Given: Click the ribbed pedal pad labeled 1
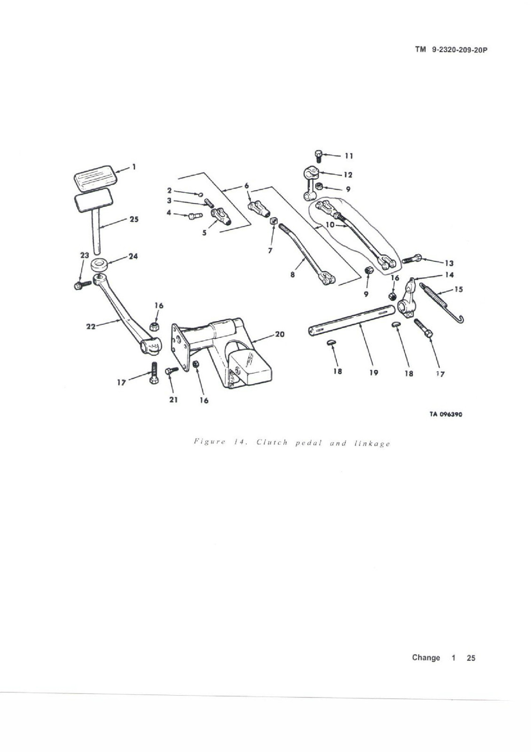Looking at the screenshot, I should coord(94,178).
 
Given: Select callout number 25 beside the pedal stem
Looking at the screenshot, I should coord(134,219).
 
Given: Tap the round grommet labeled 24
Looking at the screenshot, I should coord(99,265).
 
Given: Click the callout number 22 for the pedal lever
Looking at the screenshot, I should coord(91,326).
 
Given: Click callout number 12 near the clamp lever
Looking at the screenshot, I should coord(348,175).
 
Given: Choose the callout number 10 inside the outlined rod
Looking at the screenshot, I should coord(330,225).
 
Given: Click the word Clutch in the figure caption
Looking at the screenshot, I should coord(272,443).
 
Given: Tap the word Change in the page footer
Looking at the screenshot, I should coord(426,658).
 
